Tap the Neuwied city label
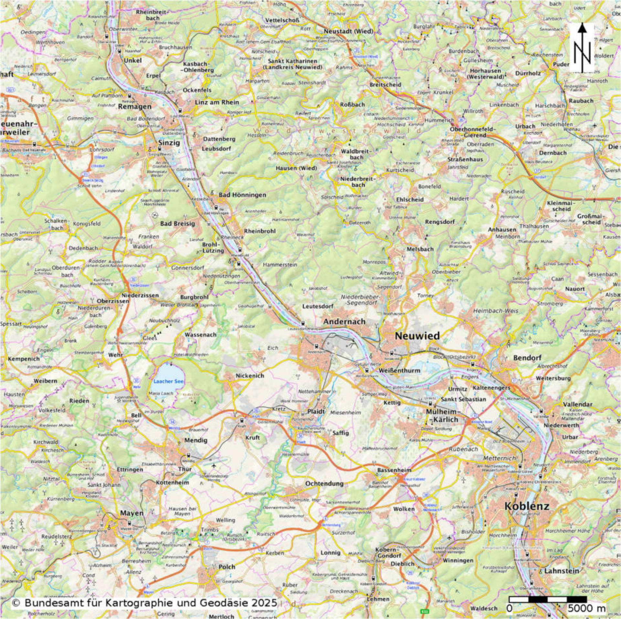[417, 336]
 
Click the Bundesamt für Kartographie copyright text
[144, 603]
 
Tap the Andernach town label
[344, 321]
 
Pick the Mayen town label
[132, 513]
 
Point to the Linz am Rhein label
[217, 102]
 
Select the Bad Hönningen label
[242, 195]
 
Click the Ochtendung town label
[324, 484]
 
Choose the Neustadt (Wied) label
[348, 32]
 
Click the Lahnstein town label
[561, 571]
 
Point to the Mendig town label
[195, 440]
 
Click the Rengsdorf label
[440, 222]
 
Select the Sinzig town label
[169, 142]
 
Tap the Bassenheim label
[394, 470]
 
